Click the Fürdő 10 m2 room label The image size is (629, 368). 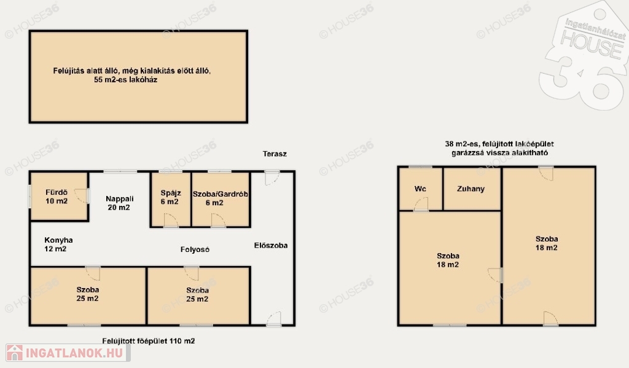coord(57,197)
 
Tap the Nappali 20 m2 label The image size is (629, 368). coord(119,203)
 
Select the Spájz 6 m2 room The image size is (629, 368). coord(170,200)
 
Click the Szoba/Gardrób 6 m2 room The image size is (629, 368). coord(221,200)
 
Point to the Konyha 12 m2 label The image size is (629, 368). coord(58,245)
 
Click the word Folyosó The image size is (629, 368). coord(195,249)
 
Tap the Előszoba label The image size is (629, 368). coord(271,245)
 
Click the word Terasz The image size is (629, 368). coord(275,154)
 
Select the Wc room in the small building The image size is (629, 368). coord(420,189)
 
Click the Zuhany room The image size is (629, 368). coord(472,189)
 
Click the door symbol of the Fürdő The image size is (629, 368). coord(82,196)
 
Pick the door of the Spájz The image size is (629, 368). coord(171,221)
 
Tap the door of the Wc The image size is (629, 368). coord(421,204)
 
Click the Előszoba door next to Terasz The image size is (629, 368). coord(272,178)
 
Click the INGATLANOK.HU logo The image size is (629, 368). coord(68,353)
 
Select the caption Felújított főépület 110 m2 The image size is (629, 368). coord(149,341)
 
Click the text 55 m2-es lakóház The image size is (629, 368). coord(125,80)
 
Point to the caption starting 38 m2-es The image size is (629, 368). coord(499,148)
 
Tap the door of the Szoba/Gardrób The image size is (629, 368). coord(218,221)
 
